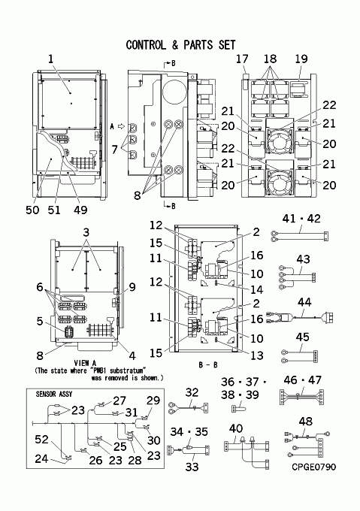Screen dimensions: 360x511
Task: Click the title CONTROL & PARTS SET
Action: point(180,45)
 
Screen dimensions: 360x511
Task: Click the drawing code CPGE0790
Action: point(313,467)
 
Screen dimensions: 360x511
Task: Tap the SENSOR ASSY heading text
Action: point(54,395)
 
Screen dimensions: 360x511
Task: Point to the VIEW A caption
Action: point(86,364)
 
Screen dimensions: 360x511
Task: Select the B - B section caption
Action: point(208,364)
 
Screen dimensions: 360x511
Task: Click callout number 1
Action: point(50,59)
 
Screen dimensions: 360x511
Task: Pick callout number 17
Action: point(242,59)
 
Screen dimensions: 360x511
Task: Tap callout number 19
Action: point(301,59)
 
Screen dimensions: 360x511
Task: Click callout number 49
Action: point(80,210)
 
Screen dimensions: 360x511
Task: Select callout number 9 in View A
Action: point(132,287)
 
